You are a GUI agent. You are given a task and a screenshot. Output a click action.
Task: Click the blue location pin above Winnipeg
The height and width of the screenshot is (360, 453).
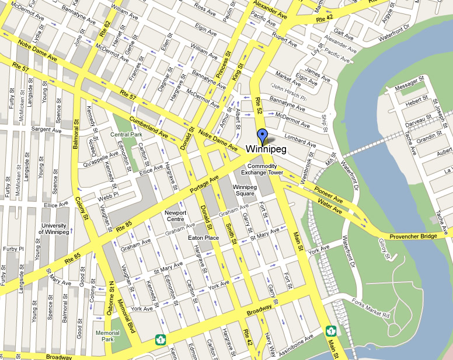tap(262, 136)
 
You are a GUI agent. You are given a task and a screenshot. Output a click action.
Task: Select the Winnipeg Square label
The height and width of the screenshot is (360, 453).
tap(245, 190)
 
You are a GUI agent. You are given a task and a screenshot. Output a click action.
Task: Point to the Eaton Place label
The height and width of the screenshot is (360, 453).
tap(203, 238)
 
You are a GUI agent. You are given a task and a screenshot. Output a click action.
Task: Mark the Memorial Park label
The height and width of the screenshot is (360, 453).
tap(107, 336)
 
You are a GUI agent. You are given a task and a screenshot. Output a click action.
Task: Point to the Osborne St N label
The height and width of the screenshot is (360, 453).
tap(111, 299)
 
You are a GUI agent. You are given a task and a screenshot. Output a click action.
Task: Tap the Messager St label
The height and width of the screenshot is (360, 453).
tap(408, 88)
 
